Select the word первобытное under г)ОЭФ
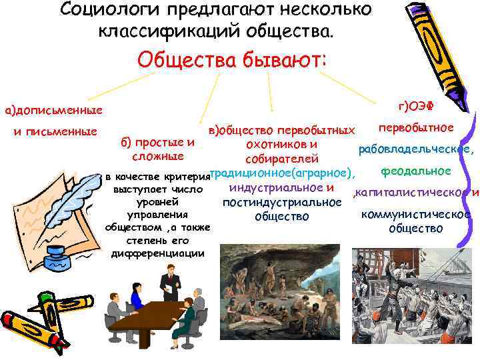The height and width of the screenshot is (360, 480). [x=416, y=127]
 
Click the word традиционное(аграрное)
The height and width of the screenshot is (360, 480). [x=281, y=173]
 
